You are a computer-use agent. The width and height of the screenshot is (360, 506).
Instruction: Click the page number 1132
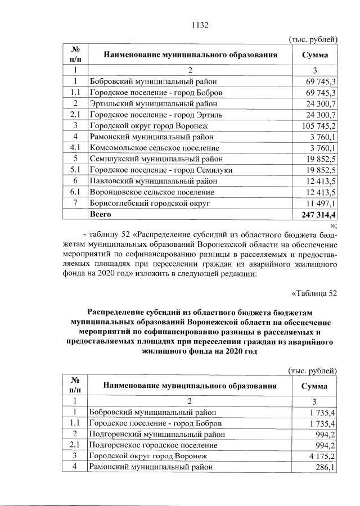click(200, 25)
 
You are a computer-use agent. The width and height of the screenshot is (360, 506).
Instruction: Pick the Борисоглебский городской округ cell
click(150, 203)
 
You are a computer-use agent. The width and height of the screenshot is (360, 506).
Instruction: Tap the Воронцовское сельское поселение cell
click(151, 192)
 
